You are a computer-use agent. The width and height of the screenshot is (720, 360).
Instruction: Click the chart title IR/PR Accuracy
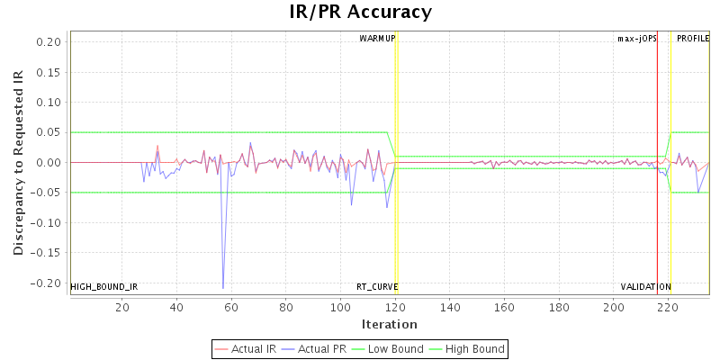360,12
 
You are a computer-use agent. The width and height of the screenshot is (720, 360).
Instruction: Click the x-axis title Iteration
389,324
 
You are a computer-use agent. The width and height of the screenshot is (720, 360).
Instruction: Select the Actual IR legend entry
247,348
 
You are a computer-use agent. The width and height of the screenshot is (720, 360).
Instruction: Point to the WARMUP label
377,39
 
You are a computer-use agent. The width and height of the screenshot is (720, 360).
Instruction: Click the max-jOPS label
636,39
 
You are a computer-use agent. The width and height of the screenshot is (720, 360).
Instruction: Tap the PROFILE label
693,39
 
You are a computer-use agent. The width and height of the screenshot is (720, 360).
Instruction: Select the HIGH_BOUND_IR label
104,287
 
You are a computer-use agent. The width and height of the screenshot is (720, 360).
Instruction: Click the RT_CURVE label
377,287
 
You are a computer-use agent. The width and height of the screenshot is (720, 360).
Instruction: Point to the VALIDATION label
645,287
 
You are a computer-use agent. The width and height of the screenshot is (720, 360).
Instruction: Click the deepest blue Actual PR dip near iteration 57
223,288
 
